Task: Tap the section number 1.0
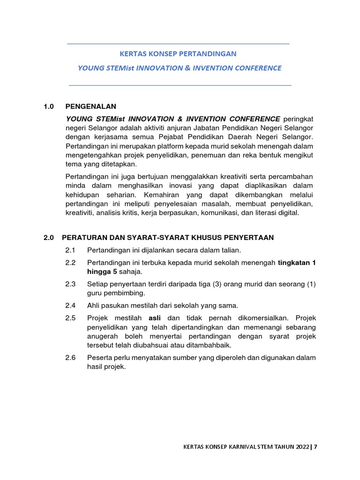click(49, 106)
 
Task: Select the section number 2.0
click(49, 238)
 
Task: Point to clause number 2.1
click(71, 250)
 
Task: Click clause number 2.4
click(71, 305)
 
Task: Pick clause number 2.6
click(71, 358)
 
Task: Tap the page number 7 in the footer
click(315, 447)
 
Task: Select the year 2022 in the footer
click(301, 447)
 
